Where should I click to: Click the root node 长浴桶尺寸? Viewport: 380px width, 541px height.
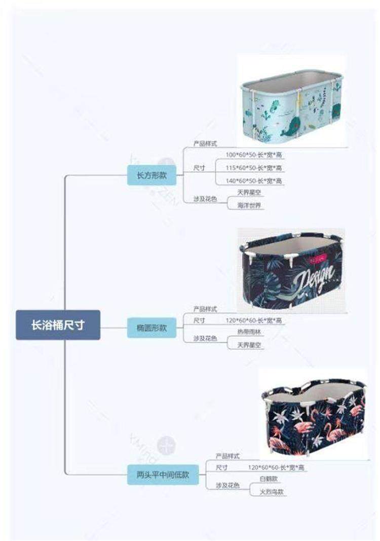point(58,325)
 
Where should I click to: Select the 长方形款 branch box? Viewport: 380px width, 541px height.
point(152,175)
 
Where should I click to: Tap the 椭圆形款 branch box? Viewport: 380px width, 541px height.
point(152,328)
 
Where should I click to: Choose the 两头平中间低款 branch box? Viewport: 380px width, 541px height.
point(163,475)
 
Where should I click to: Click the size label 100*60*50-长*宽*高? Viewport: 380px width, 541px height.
point(254,154)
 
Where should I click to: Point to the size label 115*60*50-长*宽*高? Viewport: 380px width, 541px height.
point(254,168)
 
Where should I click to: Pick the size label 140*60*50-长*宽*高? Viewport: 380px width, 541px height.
point(254,181)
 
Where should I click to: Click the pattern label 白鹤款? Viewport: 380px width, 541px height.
point(269,479)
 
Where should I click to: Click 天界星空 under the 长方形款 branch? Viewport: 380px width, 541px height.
point(250,193)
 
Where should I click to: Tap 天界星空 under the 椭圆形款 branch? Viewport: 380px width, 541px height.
point(250,345)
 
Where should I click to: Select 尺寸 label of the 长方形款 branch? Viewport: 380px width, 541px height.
point(199,168)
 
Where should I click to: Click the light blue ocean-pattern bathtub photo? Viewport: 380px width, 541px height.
point(291,105)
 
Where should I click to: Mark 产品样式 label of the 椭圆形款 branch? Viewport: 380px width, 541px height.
point(205,308)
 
